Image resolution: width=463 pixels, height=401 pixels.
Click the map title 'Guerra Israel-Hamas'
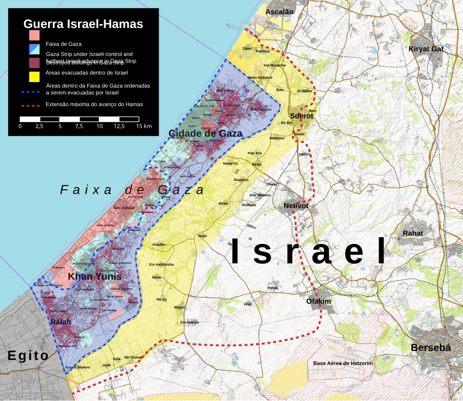pyautogui.click(x=83, y=24)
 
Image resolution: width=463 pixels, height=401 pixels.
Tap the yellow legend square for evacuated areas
pyautogui.click(x=34, y=77)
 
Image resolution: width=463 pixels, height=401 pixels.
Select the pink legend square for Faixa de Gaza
pyautogui.click(x=34, y=35)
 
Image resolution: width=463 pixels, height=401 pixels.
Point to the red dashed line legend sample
pyautogui.click(x=30, y=105)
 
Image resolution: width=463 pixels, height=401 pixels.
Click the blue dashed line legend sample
pyautogui.click(x=30, y=90)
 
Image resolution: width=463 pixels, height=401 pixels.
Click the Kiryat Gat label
pyautogui.click(x=426, y=49)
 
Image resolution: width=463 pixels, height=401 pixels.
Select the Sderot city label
pyautogui.click(x=301, y=116)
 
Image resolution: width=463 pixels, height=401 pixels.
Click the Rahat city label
pyautogui.click(x=413, y=233)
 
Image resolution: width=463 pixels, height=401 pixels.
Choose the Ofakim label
pyautogui.click(x=318, y=301)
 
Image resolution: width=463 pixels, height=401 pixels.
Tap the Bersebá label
pyautogui.click(x=430, y=348)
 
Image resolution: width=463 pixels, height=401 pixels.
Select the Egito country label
pyautogui.click(x=28, y=356)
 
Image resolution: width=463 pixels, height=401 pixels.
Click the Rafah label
pyautogui.click(x=61, y=322)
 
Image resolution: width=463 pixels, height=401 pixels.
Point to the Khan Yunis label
pyautogui.click(x=95, y=276)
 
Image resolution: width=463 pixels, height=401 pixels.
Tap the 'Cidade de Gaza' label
pyautogui.click(x=205, y=134)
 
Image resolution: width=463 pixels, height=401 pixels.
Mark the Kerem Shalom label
pyautogui.click(x=77, y=368)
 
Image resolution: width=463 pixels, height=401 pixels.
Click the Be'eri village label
pyautogui.click(x=223, y=204)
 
